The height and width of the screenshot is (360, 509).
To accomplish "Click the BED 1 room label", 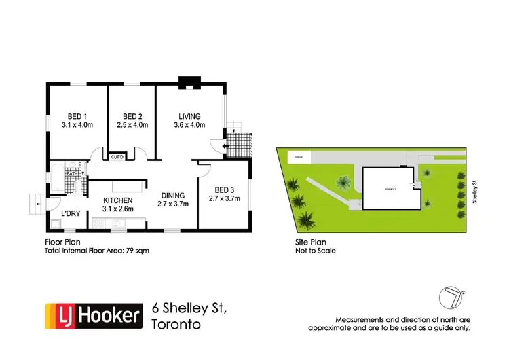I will (76, 115).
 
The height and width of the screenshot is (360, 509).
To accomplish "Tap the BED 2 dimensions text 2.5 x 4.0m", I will (132, 125).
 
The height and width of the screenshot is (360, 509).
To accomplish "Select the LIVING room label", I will (189, 115).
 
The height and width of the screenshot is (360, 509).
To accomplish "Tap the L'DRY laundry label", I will (69, 215).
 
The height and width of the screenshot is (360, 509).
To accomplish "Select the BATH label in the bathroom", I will (71, 174).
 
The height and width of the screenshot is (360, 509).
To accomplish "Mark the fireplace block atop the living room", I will (187, 83).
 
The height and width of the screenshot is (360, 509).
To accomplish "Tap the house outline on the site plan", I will (387, 188).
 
